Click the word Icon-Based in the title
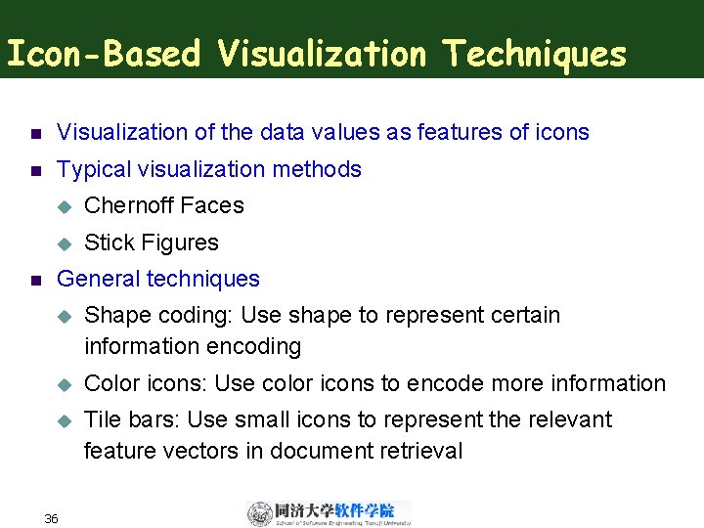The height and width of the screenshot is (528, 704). pyautogui.click(x=103, y=55)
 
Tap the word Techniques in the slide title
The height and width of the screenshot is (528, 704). pyautogui.click(x=534, y=55)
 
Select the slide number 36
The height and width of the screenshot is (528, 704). pyautogui.click(x=51, y=518)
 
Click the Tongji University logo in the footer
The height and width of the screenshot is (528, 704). pyautogui.click(x=329, y=513)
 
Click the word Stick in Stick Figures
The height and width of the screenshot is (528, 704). pyautogui.click(x=107, y=242)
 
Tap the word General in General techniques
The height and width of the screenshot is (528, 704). pyautogui.click(x=99, y=280)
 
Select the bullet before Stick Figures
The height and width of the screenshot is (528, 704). pyautogui.click(x=65, y=243)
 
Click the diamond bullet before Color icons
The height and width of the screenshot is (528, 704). pyautogui.click(x=65, y=384)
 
